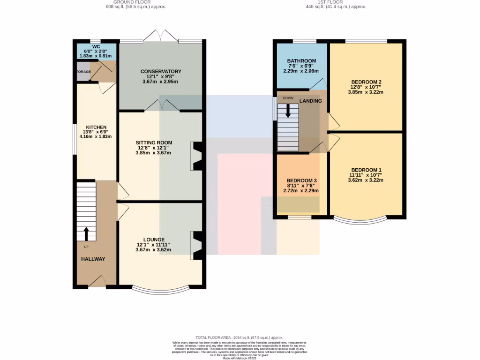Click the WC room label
pos(96,46)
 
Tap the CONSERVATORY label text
pos(161,71)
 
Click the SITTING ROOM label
pos(154,142)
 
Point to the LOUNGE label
pos(154,240)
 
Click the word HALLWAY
pos(93,259)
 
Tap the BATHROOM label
pos(301,61)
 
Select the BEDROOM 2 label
pos(366,81)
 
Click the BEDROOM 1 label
pos(366,170)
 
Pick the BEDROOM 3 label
pos(302,180)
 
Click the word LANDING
pos(311,101)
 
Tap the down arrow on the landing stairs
pos(288,111)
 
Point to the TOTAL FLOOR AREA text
pos(240,337)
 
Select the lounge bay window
pos(161,288)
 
